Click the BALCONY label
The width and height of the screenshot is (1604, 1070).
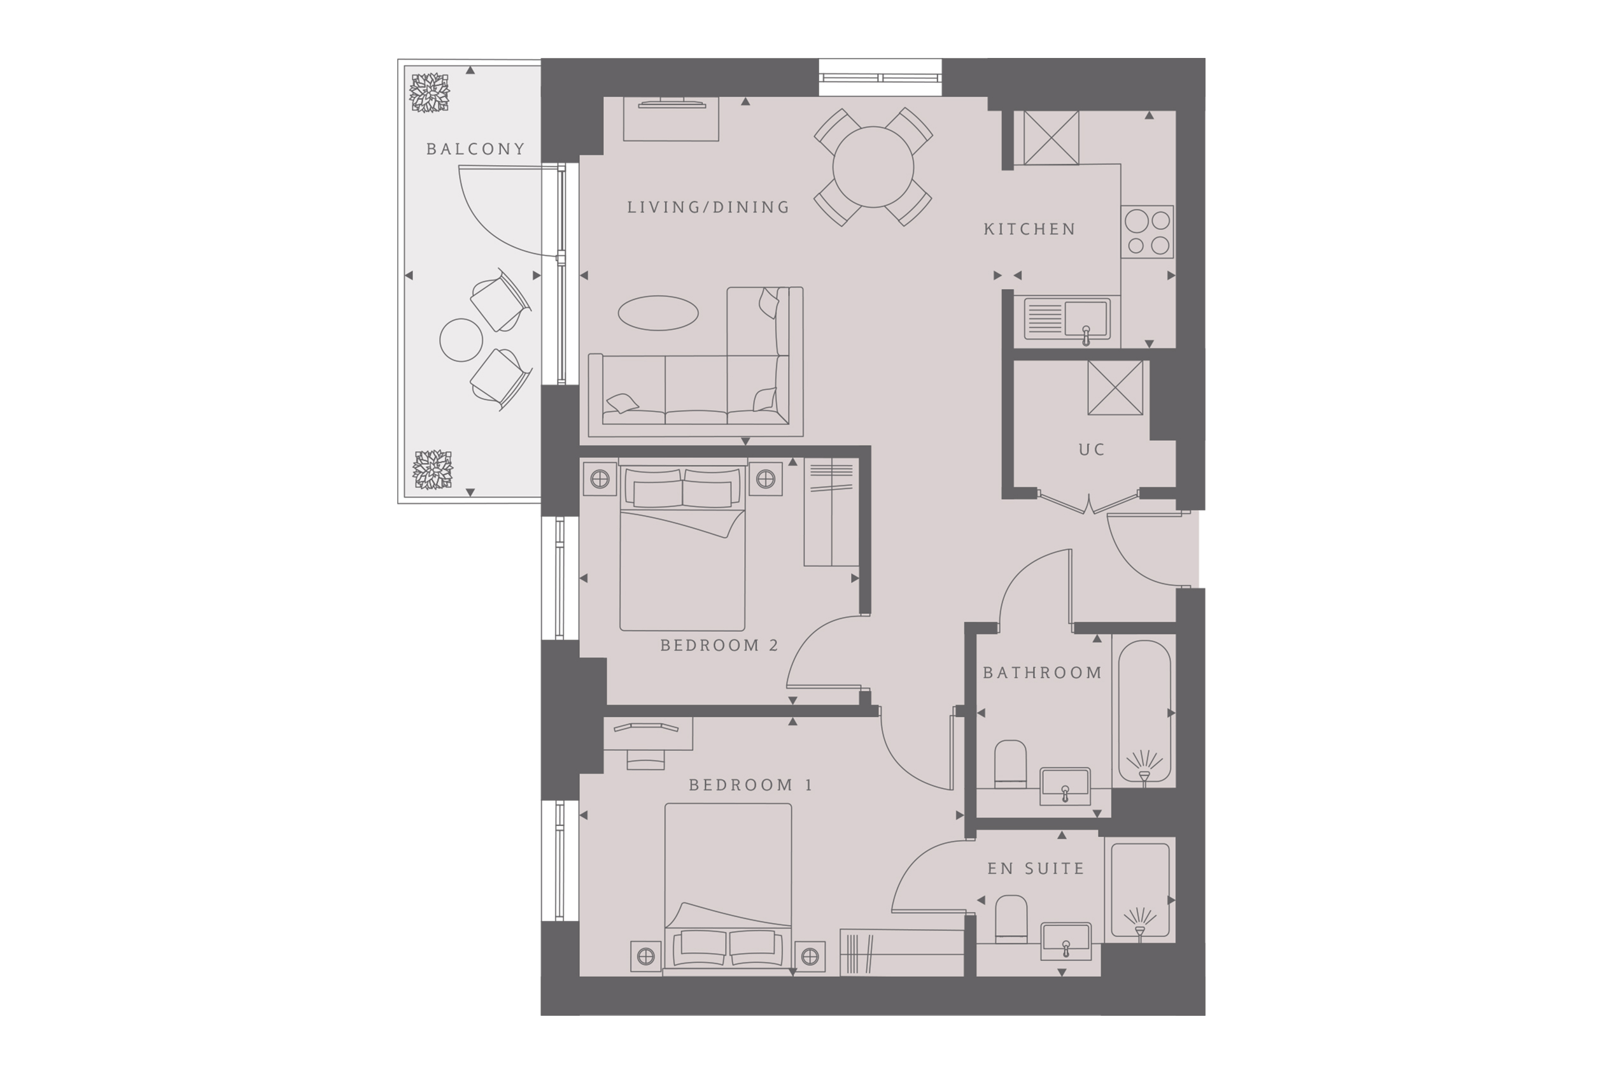[475, 149]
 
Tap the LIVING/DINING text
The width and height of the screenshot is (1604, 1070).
[708, 207]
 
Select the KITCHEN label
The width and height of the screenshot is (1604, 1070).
[1030, 229]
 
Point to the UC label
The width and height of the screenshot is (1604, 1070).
[1091, 450]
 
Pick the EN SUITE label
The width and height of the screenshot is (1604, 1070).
[1036, 869]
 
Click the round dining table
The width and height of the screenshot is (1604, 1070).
[873, 167]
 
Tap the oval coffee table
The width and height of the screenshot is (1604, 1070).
[658, 313]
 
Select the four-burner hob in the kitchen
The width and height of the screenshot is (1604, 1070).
[1147, 232]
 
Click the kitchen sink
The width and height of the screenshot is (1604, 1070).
[1067, 320]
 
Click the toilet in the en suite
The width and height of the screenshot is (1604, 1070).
[1011, 919]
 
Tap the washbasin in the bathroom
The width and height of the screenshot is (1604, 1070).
[1064, 785]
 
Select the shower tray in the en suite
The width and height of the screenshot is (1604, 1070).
[1139, 890]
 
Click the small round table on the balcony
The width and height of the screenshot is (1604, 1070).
[461, 340]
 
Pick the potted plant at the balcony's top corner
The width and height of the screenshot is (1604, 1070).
[430, 93]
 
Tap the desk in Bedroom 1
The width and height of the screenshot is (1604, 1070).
[648, 734]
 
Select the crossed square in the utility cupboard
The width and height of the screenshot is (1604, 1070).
[1115, 388]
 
